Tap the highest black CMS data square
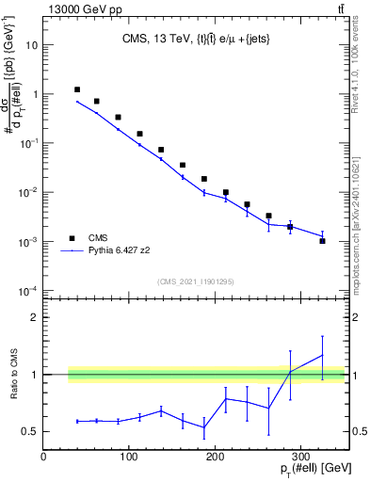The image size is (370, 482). click(77, 89)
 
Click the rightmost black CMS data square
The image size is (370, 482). click(322, 241)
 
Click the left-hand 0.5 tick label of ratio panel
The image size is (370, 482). click(31, 432)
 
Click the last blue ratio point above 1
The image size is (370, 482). click(322, 356)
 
